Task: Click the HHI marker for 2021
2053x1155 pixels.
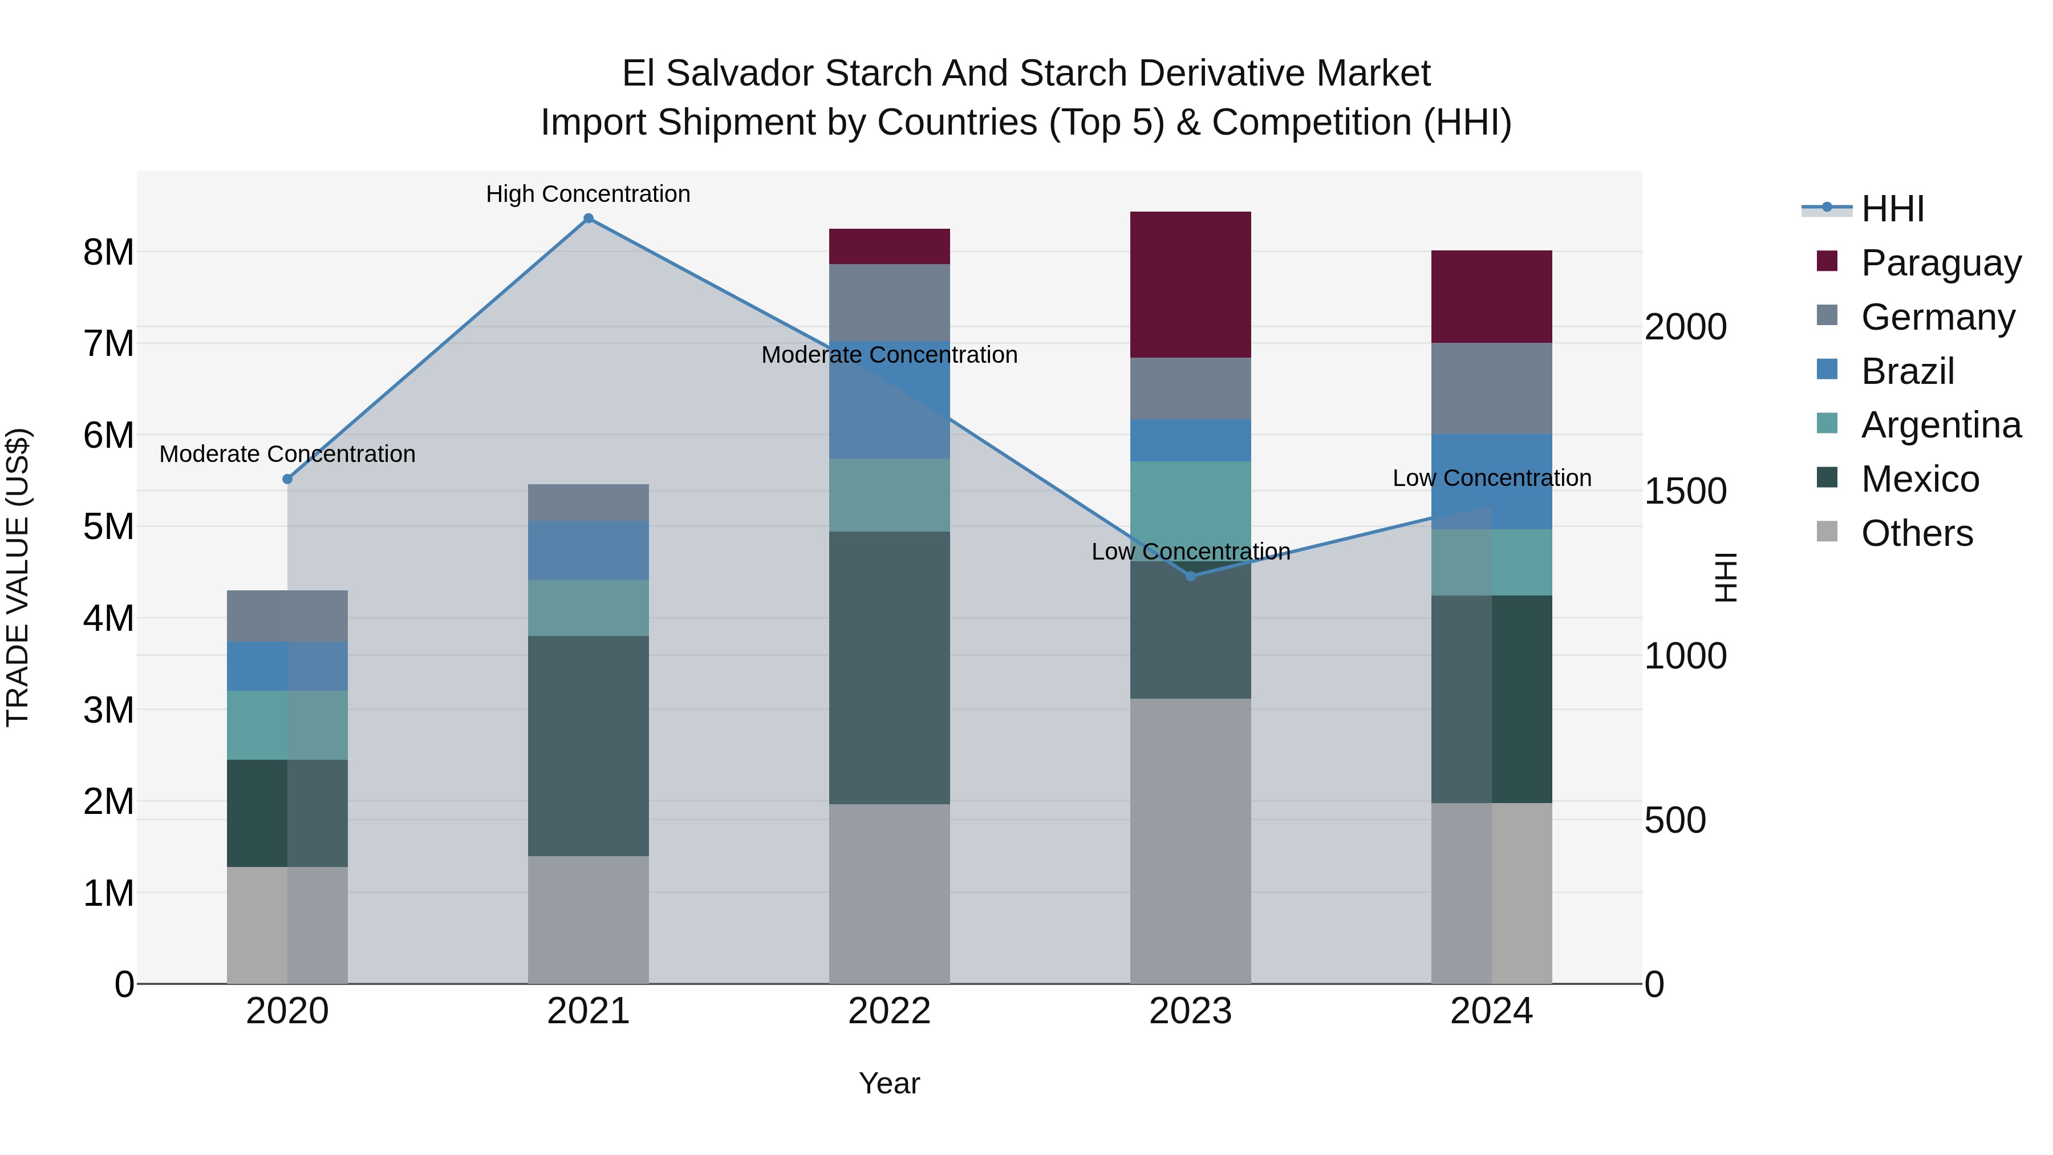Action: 588,218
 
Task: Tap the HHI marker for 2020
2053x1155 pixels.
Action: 288,479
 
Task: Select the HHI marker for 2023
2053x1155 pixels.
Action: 1191,576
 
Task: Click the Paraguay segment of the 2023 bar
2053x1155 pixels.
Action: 1191,285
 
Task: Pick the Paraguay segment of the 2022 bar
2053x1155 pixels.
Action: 890,246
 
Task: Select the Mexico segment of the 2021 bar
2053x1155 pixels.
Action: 588,745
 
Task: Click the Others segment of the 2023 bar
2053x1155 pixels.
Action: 1191,841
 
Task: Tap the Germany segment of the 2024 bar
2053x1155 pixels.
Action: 1491,388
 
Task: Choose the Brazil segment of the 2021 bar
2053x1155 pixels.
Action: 588,550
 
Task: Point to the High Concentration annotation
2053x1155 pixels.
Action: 588,194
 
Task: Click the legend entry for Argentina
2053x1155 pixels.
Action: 1941,425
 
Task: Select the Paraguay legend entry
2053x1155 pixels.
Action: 1941,263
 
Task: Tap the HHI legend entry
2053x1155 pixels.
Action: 1892,209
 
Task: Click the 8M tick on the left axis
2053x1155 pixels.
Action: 108,253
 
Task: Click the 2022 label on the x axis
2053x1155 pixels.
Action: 890,1011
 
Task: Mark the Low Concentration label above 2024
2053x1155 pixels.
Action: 1491,479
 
